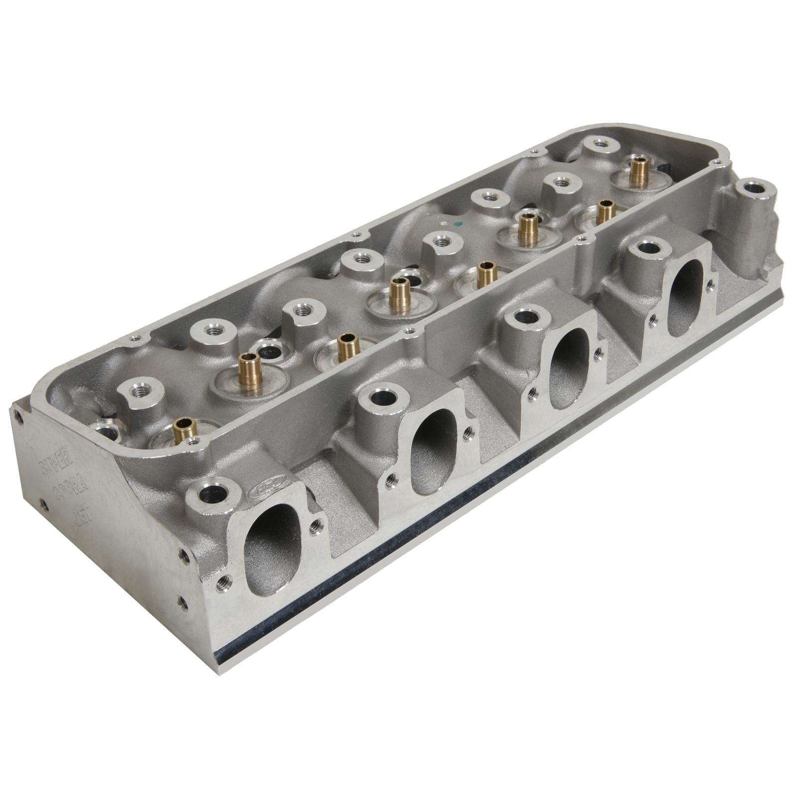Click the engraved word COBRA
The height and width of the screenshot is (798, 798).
click(65, 491)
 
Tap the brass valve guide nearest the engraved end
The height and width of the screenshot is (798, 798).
click(181, 430)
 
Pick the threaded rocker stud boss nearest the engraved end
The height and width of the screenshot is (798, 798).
click(137, 394)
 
